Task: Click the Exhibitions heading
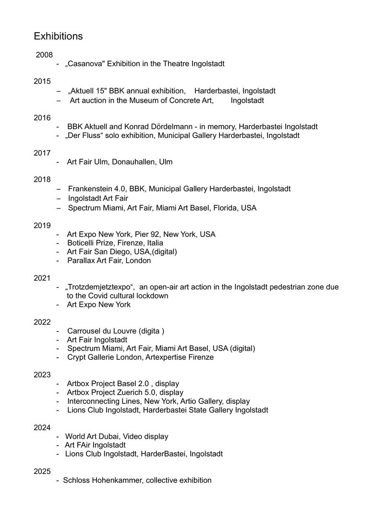[x=58, y=36]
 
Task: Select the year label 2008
[x=44, y=55]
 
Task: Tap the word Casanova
[x=85, y=64]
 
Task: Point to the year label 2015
[x=42, y=82]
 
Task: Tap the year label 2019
[x=42, y=225]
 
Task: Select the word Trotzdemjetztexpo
[x=99, y=287]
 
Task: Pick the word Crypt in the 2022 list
[x=77, y=357]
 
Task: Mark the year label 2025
[x=42, y=471]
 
